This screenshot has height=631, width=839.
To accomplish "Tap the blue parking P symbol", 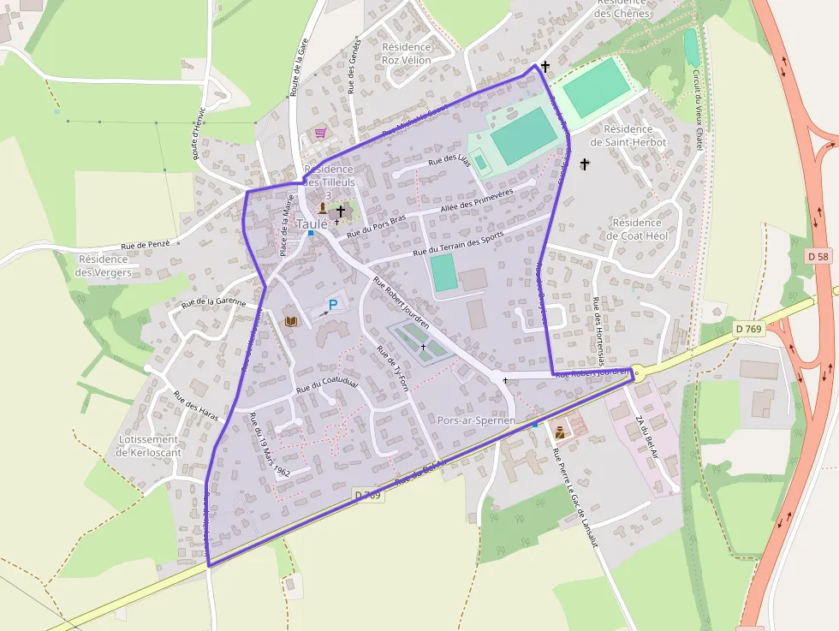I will (334, 304).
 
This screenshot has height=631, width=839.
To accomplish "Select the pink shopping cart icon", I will (320, 133).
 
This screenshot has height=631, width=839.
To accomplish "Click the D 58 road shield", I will (818, 256).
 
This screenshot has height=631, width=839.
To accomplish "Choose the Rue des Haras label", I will (196, 406).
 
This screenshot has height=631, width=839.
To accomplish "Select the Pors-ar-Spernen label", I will (476, 420).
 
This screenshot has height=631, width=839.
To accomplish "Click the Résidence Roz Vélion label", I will (407, 53).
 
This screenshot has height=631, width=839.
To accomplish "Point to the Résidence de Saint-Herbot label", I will (628, 135).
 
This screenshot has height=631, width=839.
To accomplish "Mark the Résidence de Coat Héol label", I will (637, 229).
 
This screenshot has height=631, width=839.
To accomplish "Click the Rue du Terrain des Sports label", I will (458, 245).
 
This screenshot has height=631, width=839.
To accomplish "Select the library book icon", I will (291, 321).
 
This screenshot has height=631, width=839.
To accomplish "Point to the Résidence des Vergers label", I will (104, 265).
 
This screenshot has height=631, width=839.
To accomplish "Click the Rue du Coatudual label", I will (326, 384).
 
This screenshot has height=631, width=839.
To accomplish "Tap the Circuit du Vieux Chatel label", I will (697, 111).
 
